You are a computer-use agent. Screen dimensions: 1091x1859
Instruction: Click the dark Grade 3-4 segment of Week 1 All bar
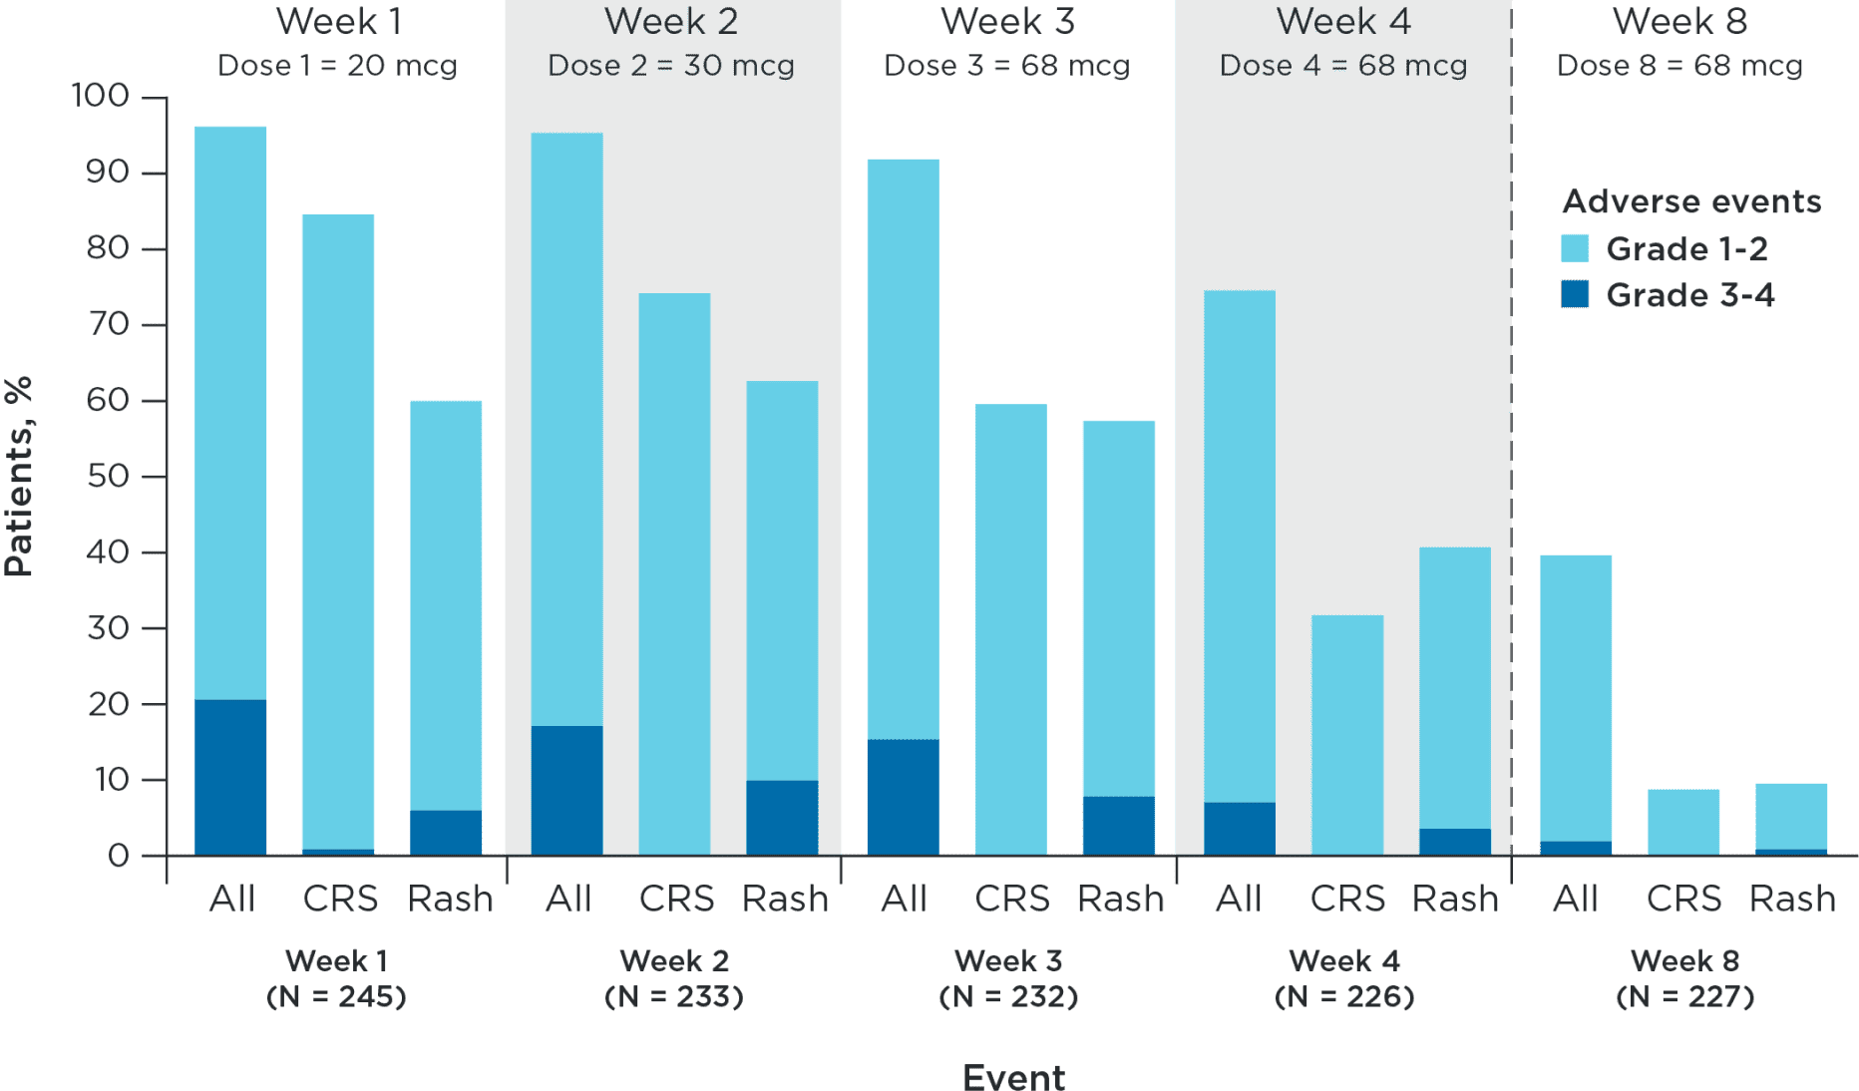coord(230,777)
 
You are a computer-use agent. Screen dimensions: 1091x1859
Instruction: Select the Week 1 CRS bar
coord(338,529)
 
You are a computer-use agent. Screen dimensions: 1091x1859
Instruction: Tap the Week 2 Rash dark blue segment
coord(782,817)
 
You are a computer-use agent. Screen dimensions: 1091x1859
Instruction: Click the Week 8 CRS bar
coord(1683,822)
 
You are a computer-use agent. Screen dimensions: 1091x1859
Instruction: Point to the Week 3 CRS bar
coord(1011,628)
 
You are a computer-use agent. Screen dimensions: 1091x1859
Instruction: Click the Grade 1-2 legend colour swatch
coord(1575,248)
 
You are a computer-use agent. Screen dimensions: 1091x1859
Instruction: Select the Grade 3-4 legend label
coord(1689,295)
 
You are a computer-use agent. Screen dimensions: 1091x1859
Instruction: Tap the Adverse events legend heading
coord(1691,201)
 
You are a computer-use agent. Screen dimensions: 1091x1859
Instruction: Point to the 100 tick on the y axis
coord(101,96)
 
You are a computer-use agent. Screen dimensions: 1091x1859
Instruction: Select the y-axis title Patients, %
coord(19,476)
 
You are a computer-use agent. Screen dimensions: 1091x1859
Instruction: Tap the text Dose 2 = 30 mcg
coord(671,66)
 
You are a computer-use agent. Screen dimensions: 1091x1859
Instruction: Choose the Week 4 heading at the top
coord(1343,21)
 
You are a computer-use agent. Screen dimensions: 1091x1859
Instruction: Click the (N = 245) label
coord(336,996)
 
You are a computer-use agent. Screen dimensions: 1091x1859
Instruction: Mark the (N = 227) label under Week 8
coord(1684,996)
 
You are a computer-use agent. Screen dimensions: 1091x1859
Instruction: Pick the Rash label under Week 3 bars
coord(1121,899)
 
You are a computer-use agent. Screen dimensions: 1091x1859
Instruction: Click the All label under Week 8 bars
coord(1575,899)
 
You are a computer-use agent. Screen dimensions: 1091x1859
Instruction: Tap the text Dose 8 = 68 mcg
coord(1679,66)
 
